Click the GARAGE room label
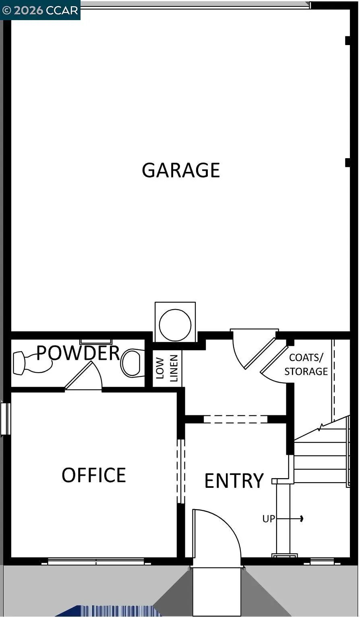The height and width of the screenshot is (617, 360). coord(181,170)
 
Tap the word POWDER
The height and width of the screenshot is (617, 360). coord(78,353)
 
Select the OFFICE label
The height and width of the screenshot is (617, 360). coord(94,475)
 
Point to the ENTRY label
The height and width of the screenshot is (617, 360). coord(234,481)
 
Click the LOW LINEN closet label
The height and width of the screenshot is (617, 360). coord(167,368)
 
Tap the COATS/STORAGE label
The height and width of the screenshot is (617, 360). coord(306,364)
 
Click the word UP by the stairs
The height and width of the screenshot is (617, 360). coord(269,519)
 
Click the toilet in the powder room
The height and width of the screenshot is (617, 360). coord(132,363)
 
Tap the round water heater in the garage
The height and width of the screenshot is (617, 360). coord(175,325)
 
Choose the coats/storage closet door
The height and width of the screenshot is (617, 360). coord(275,360)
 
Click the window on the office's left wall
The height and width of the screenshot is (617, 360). coord(5,419)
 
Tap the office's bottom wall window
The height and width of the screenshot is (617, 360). coord(96,561)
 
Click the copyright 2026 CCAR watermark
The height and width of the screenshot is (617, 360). coord(40,10)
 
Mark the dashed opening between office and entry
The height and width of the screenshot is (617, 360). coord(181,471)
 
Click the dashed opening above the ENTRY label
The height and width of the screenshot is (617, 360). coord(236,419)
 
